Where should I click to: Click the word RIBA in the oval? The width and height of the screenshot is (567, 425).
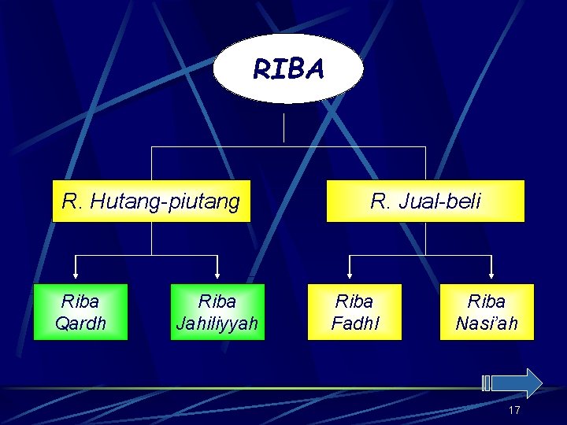tap(288, 70)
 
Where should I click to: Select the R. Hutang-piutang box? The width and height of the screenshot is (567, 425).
tap(150, 201)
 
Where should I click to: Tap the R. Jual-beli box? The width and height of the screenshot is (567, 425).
tap(425, 201)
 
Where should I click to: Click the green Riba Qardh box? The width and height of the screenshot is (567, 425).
tap(80, 312)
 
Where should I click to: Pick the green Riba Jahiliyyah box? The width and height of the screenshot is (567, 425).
tap(217, 312)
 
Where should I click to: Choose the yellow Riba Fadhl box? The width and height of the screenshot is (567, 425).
tap(354, 312)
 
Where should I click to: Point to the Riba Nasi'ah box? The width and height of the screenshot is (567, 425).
tap(487, 312)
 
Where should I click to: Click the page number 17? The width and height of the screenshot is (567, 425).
tap(514, 410)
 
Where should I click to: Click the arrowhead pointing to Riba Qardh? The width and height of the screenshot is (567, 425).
tap(76, 275)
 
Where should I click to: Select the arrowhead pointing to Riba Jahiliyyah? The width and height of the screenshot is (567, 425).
tap(217, 275)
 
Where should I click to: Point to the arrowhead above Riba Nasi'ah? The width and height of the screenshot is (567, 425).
tap(491, 275)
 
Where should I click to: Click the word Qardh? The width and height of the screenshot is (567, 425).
tap(80, 323)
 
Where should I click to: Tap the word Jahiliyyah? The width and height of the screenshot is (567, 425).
tap(217, 323)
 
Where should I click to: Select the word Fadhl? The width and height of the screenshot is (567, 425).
tap(354, 323)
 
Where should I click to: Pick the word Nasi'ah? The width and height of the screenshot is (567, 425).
tap(487, 323)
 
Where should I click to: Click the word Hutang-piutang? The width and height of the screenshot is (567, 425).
tap(165, 202)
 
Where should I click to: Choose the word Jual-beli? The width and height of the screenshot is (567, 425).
tap(438, 202)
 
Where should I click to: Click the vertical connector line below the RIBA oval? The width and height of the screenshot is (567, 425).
tap(283, 126)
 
